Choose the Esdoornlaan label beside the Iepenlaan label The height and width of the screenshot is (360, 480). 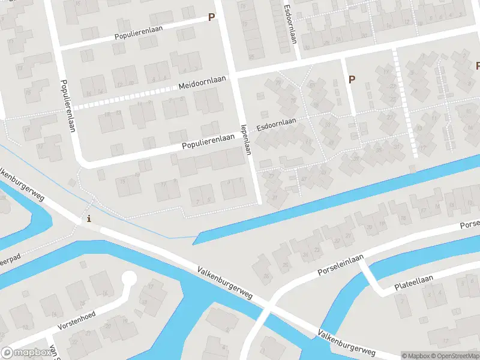tap(277, 125)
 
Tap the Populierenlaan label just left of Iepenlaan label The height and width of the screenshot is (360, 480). tap(208, 141)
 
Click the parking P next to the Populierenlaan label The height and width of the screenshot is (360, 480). tap(211, 17)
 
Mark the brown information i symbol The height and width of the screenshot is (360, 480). tap(89, 218)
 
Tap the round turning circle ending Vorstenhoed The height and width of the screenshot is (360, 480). tap(128, 279)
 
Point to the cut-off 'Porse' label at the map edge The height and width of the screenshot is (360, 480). tap(469, 225)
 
